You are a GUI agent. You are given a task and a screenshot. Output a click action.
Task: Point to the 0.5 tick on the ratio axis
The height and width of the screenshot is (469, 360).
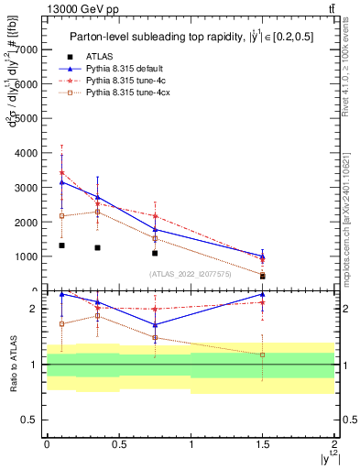[35, 420]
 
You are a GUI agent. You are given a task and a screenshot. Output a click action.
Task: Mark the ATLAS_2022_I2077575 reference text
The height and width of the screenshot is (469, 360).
[190, 273]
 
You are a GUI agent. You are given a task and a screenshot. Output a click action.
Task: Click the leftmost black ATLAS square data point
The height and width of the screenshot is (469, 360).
[61, 245]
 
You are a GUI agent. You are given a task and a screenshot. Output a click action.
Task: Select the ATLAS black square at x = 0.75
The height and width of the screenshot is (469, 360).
[155, 253]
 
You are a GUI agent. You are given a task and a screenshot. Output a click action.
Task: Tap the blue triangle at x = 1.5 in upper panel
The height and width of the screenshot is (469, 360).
[263, 256]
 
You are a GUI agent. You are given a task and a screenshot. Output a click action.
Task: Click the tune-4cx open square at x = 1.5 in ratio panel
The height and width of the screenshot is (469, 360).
[263, 354]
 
